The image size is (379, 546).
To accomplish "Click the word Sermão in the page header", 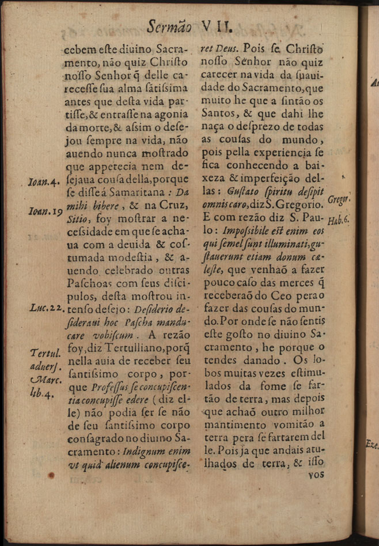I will pyautogui.click(x=170, y=26).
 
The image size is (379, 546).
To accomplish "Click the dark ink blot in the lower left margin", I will pyautogui.click(x=52, y=476).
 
